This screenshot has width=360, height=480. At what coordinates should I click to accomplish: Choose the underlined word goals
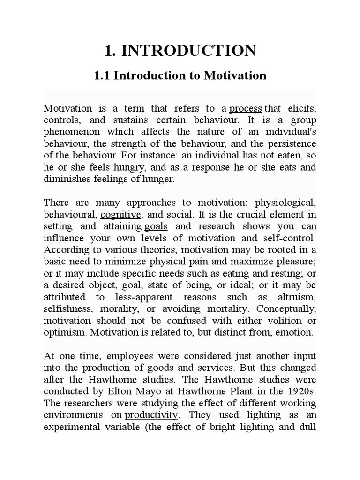[156, 226]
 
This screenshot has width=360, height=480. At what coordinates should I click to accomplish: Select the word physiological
[285, 203]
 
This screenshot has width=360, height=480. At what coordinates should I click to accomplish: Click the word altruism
[298, 297]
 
